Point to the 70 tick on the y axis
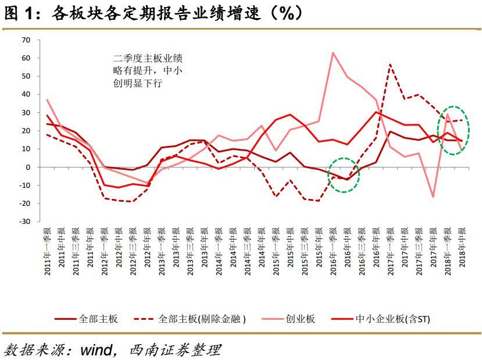(x=25, y=40)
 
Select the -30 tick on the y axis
(x=25, y=222)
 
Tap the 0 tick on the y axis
(x=27, y=167)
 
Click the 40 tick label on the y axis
(x=25, y=94)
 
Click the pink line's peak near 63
(x=333, y=52)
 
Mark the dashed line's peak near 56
(x=390, y=64)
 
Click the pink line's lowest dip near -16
(x=433, y=197)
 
